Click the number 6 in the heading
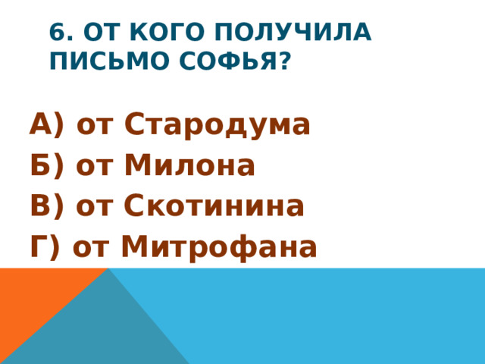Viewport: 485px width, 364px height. pyautogui.click(x=56, y=33)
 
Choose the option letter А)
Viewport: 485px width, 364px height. pyautogui.click(x=48, y=124)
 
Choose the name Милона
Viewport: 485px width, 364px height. pyautogui.click(x=189, y=165)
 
